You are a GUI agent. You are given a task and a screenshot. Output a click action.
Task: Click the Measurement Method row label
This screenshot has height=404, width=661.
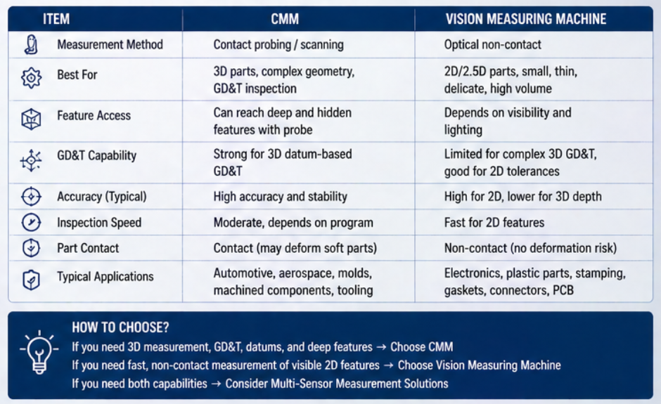(110, 44)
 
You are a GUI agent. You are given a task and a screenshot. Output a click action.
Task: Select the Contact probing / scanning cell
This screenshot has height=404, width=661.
(278, 44)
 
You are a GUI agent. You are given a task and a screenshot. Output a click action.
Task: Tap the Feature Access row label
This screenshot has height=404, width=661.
(94, 116)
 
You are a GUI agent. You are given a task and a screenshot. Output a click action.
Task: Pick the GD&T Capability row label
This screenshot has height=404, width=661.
(96, 155)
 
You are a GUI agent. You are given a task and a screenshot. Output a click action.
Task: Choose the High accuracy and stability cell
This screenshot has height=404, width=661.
(280, 196)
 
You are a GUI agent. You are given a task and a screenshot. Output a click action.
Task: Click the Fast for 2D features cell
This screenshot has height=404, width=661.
(494, 223)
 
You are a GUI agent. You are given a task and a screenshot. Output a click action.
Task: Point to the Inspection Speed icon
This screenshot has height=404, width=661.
(31, 223)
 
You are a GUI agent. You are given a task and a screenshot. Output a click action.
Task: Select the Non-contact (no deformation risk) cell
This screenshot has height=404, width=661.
(530, 248)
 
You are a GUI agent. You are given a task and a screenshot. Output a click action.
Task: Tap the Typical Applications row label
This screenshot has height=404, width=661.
(105, 277)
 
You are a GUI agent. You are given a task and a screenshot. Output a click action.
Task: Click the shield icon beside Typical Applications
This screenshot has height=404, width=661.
(31, 279)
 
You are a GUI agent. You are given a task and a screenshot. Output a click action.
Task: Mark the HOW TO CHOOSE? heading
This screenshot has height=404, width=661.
(120, 327)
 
